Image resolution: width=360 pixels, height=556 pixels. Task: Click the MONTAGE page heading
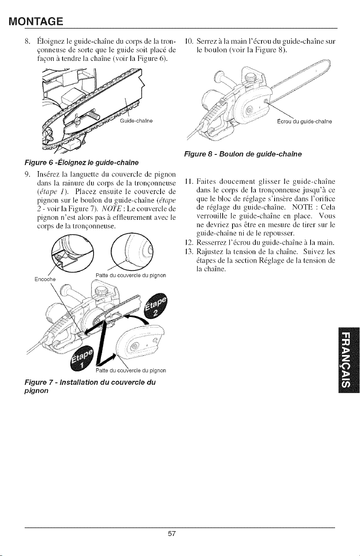(36, 22)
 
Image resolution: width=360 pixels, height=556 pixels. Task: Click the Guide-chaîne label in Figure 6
(136, 121)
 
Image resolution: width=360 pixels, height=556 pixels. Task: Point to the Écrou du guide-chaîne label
(304, 122)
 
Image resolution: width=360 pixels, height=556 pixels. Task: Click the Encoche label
(45, 279)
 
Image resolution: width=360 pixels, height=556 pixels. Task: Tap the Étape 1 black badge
(82, 358)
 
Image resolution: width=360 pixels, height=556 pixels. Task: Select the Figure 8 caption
(243, 154)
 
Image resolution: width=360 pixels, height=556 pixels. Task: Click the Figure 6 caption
(81, 163)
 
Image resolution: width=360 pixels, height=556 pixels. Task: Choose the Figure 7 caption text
(90, 386)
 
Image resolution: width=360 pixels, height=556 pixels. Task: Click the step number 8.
(27, 41)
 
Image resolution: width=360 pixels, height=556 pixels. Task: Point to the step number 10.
(189, 41)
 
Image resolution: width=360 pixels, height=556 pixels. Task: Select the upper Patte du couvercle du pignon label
(131, 275)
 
